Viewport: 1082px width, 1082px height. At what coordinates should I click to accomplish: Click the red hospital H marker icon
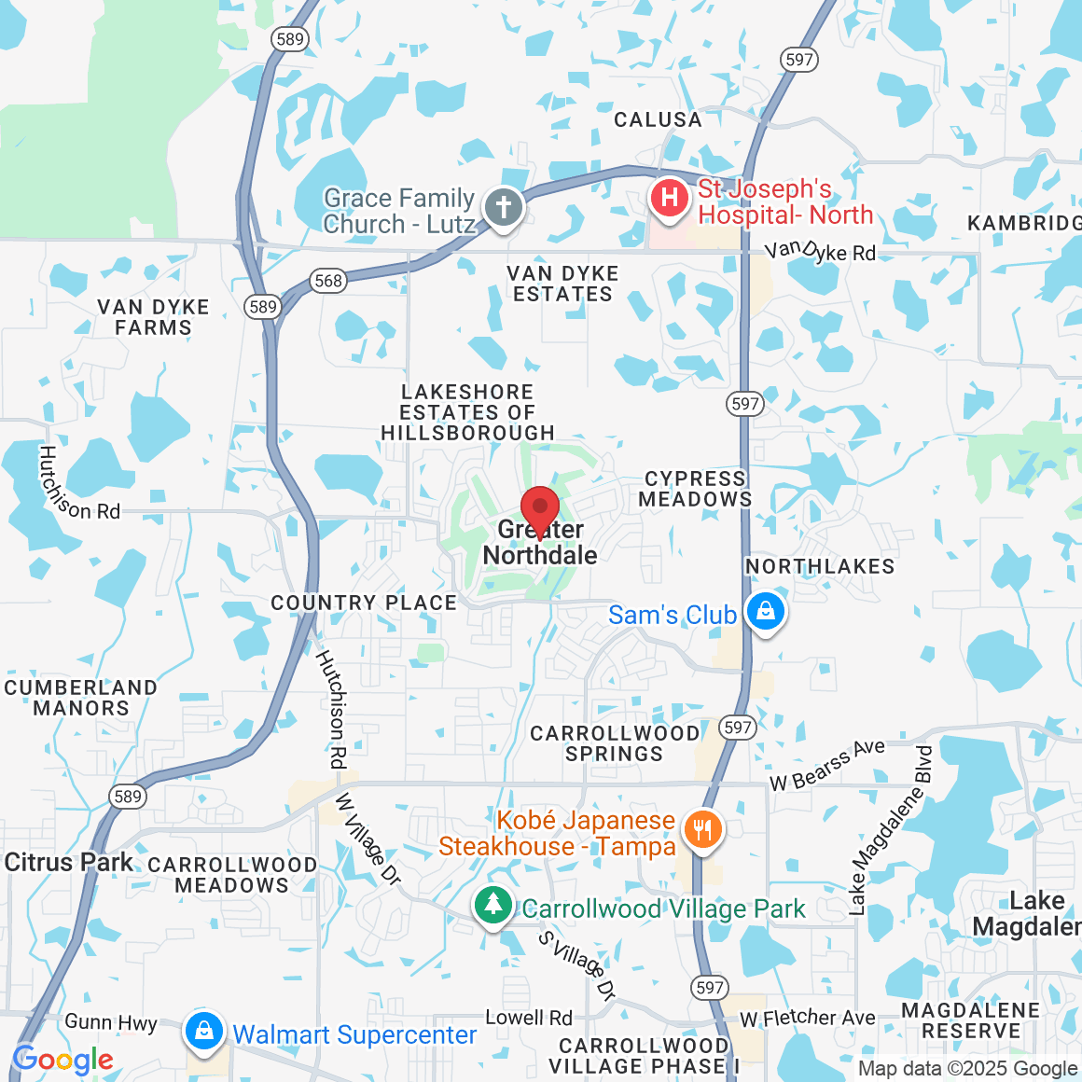point(669,198)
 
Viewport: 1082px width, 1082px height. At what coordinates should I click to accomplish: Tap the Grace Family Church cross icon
point(504,205)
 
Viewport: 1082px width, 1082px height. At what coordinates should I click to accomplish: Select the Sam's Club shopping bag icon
point(765,613)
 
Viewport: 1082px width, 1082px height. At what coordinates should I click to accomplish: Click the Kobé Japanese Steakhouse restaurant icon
point(702,829)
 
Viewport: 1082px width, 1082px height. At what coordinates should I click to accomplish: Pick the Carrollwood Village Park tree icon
point(492,905)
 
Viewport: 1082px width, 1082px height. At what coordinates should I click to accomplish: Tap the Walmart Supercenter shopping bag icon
point(202,1031)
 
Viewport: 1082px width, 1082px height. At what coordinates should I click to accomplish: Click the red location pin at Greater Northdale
point(539,512)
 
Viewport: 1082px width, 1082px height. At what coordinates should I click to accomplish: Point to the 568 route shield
point(328,281)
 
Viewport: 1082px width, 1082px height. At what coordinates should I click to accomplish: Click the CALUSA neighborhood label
point(658,120)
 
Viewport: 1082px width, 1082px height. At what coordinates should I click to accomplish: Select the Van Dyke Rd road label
point(820,251)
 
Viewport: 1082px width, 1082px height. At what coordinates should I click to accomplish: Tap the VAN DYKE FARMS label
point(153,317)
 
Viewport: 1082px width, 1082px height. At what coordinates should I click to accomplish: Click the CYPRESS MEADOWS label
point(695,489)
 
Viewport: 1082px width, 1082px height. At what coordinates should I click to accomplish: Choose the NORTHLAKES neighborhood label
point(820,566)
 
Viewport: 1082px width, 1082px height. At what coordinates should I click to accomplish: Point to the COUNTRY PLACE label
point(364,603)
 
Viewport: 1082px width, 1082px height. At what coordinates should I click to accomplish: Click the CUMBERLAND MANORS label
point(80,698)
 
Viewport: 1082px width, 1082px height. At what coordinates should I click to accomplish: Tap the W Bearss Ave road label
point(826,765)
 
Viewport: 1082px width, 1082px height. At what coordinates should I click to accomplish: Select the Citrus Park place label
point(69,862)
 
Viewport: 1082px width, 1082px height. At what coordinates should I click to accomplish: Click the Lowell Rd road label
point(529,1018)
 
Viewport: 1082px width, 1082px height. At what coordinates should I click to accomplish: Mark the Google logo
point(63,1060)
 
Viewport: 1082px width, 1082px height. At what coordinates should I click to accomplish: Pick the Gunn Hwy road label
point(111,1022)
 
